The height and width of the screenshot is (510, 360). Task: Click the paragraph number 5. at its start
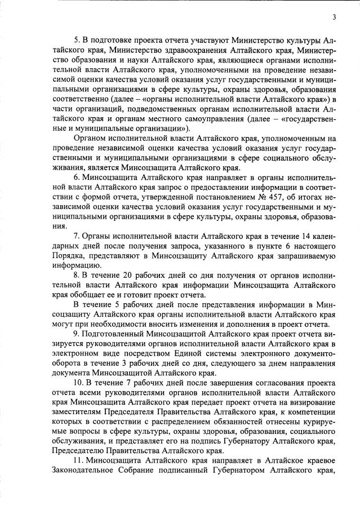pyautogui.click(x=78, y=40)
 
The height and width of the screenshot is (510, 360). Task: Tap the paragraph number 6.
pyautogui.click(x=78, y=177)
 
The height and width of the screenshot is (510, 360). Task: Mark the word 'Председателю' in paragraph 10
pyautogui.click(x=78, y=451)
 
